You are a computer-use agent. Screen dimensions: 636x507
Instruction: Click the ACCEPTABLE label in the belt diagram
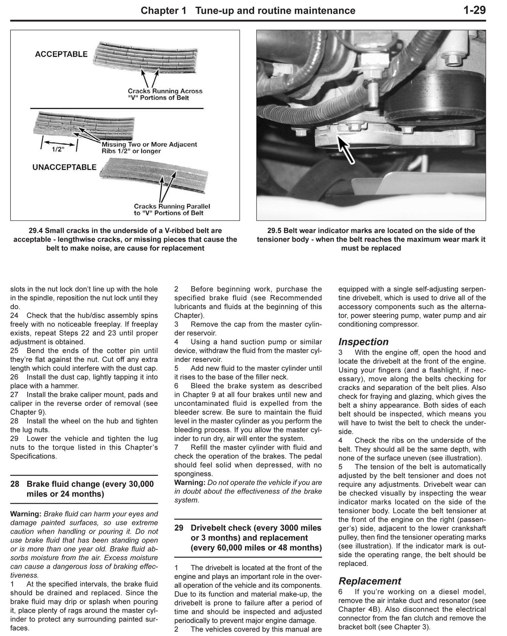tap(61, 54)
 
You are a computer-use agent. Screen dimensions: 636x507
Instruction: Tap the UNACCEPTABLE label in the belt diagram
tap(64, 167)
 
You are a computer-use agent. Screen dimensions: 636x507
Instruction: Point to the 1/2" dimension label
tap(58, 150)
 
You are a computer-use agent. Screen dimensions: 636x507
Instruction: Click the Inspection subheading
tap(363, 342)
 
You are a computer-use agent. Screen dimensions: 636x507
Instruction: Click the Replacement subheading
tap(369, 581)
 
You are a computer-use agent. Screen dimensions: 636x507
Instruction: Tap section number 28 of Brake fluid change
tap(15, 484)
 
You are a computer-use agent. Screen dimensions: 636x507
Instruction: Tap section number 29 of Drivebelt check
tap(179, 528)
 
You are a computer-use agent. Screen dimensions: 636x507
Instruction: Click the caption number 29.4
tap(36, 231)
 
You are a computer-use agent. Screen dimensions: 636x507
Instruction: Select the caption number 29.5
tap(274, 231)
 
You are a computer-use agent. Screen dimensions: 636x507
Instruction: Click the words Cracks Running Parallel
tap(172, 206)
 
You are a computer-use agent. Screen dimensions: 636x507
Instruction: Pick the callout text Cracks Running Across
tap(165, 91)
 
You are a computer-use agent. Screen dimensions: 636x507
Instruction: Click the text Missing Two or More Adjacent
tap(149, 144)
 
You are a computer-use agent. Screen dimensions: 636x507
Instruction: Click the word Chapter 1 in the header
tap(163, 11)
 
